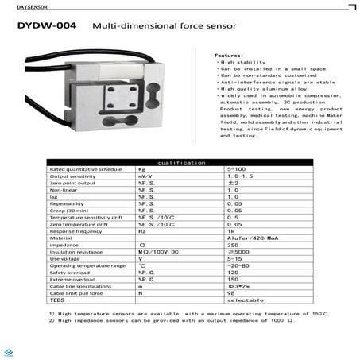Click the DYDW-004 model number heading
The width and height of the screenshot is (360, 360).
(x=46, y=26)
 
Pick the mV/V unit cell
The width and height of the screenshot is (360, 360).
(x=145, y=176)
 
